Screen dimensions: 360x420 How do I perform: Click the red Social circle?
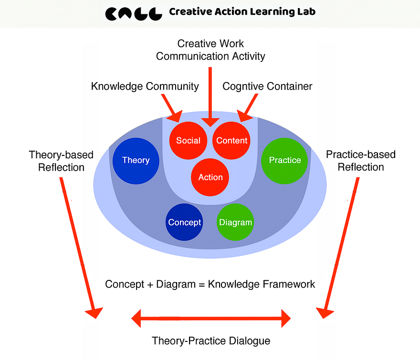[188, 141]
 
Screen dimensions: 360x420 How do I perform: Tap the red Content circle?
[231, 141]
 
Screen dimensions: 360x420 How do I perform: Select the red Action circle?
[210, 177]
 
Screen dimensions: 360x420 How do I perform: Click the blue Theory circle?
[136, 160]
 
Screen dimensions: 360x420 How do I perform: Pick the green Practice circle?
[284, 160]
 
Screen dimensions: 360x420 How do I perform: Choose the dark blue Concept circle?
[184, 222]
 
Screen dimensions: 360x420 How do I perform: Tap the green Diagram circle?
[235, 222]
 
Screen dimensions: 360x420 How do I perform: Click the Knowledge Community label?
[145, 86]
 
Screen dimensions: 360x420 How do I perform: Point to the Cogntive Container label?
[267, 86]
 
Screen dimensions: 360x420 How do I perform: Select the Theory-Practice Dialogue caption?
[211, 341]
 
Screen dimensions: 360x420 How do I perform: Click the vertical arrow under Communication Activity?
[210, 95]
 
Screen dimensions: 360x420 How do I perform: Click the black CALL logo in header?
[133, 12]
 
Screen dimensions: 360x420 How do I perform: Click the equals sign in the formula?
[202, 284]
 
